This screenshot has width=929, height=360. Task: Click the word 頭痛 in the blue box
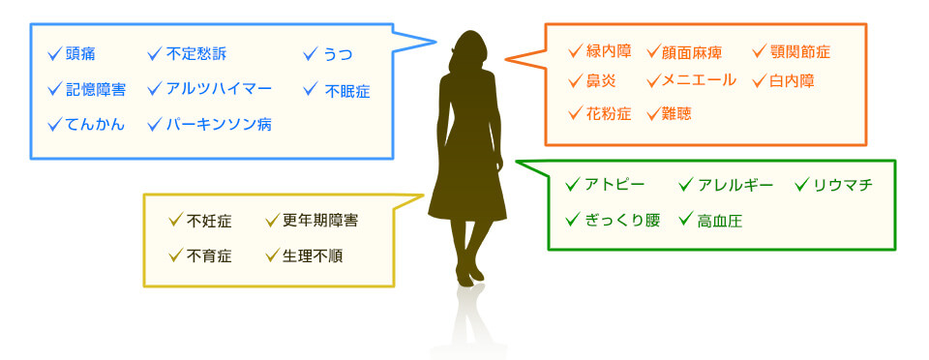point(81,54)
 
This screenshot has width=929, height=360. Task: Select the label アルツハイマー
point(219,89)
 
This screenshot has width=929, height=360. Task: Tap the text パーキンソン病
point(219,125)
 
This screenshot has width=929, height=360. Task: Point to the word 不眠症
point(347,91)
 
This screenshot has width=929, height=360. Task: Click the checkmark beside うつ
point(311,53)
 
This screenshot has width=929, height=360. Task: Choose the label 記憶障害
point(96,90)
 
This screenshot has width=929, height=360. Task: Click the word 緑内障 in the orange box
point(609,51)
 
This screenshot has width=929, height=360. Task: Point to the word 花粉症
point(609,113)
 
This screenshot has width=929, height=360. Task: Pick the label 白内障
point(792,81)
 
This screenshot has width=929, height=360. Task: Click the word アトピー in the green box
point(614,185)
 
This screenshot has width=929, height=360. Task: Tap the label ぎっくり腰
point(622,220)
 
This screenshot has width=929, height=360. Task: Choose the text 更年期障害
point(320,221)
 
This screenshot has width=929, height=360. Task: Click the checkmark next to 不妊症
point(175,220)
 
